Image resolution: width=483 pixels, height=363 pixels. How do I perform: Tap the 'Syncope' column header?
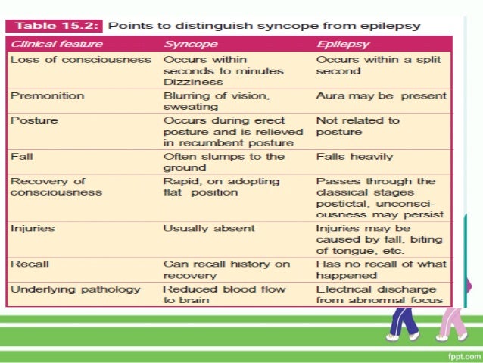[191, 44]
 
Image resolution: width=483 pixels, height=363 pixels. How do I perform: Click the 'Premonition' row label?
[47, 97]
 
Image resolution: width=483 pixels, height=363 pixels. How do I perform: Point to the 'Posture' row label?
[34, 120]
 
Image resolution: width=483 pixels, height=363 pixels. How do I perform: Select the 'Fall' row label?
[22, 157]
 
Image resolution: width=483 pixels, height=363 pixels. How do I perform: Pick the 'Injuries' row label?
[33, 227]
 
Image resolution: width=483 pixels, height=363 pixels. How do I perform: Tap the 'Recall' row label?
[30, 264]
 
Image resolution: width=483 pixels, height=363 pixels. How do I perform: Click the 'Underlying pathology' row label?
[76, 289]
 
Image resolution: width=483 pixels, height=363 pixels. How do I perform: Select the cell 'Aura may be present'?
[381, 97]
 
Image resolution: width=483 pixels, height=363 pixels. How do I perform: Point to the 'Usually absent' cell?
[209, 227]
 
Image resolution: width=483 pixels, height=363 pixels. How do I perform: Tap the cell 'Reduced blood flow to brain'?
[224, 294]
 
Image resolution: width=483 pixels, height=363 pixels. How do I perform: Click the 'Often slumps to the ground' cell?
[223, 162]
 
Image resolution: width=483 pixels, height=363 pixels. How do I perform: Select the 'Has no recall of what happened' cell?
[381, 270]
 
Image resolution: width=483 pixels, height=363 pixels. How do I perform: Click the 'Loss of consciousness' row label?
[81, 59]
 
